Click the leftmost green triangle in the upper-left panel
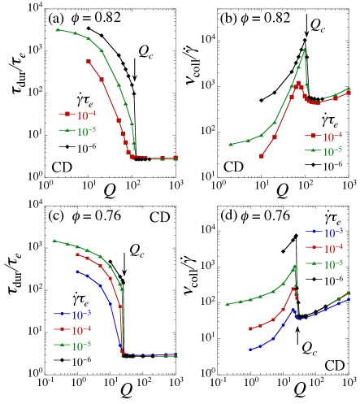(x=57, y=29)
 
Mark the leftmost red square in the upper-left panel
(x=88, y=61)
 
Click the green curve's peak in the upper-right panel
(x=305, y=50)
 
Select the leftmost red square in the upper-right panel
(x=262, y=155)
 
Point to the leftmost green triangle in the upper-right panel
(x=232, y=145)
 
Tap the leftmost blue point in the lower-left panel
(x=77, y=272)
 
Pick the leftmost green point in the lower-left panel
(x=54, y=241)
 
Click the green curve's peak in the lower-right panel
(x=295, y=266)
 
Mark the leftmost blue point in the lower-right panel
(x=250, y=350)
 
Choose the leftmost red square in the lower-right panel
(x=250, y=329)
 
